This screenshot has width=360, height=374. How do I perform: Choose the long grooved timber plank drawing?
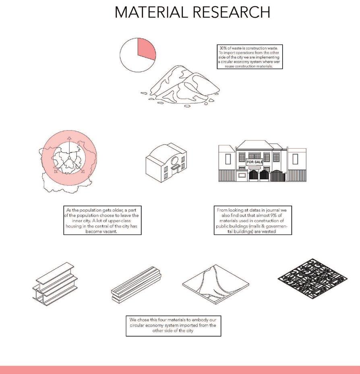point(137,284)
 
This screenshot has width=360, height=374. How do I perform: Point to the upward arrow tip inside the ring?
point(69,138)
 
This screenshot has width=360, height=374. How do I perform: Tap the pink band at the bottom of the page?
point(180,370)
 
